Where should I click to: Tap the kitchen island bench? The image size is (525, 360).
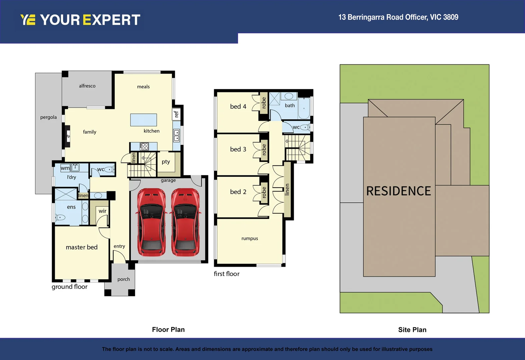(143, 120)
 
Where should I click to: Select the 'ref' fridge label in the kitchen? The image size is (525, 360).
(176, 114)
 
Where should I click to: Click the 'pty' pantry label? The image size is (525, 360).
(166, 162)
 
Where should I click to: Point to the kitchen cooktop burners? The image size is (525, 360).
(144, 146)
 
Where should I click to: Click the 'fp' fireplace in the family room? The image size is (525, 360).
(68, 136)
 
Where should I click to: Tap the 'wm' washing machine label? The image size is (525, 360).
(65, 168)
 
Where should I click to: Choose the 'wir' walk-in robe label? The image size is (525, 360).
(102, 211)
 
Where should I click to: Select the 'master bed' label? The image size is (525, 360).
(82, 247)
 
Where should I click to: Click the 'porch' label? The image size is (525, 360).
(123, 279)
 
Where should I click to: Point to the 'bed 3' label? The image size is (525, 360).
(238, 149)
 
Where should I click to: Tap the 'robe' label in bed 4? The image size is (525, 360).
(264, 103)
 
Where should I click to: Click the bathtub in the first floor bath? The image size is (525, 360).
(304, 108)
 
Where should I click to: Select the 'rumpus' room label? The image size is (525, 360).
(249, 239)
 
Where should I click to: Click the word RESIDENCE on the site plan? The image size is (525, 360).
(399, 191)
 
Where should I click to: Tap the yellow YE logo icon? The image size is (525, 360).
(28, 20)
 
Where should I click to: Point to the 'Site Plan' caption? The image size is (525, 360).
(412, 330)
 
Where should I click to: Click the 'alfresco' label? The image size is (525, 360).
(87, 86)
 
